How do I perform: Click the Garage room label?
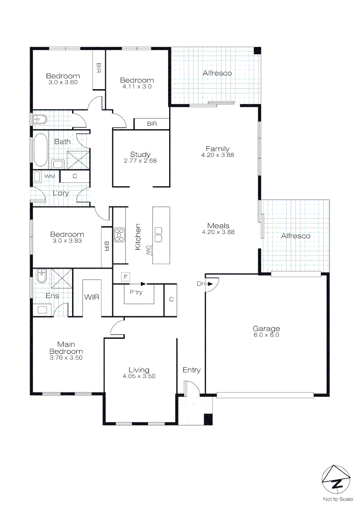(x=266, y=328)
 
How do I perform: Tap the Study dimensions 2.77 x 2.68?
(x=140, y=161)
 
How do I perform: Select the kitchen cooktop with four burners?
(x=120, y=234)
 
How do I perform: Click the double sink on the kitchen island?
(x=158, y=234)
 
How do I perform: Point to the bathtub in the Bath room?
(x=40, y=150)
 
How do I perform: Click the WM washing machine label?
(x=50, y=176)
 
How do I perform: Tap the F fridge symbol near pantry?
(x=125, y=276)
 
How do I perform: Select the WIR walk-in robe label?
(x=91, y=297)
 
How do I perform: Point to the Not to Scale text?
(x=337, y=499)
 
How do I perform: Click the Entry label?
(x=191, y=370)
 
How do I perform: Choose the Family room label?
(x=217, y=149)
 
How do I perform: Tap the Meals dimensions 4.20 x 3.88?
(x=218, y=232)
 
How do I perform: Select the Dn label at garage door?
(x=201, y=284)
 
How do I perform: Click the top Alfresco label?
(x=217, y=73)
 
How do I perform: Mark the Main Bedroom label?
(x=66, y=348)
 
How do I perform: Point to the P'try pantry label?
(x=136, y=292)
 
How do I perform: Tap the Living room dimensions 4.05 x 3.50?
(x=139, y=376)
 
